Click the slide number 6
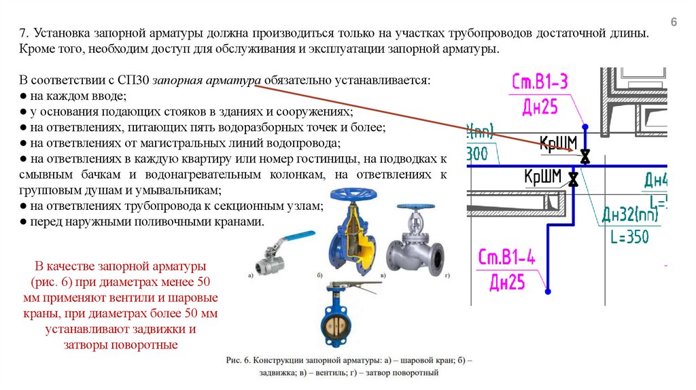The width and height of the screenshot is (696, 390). (674, 22)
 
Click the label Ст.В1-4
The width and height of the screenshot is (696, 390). (506, 258)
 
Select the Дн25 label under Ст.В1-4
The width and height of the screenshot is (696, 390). (506, 281)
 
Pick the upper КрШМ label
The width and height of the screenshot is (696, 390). (558, 143)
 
